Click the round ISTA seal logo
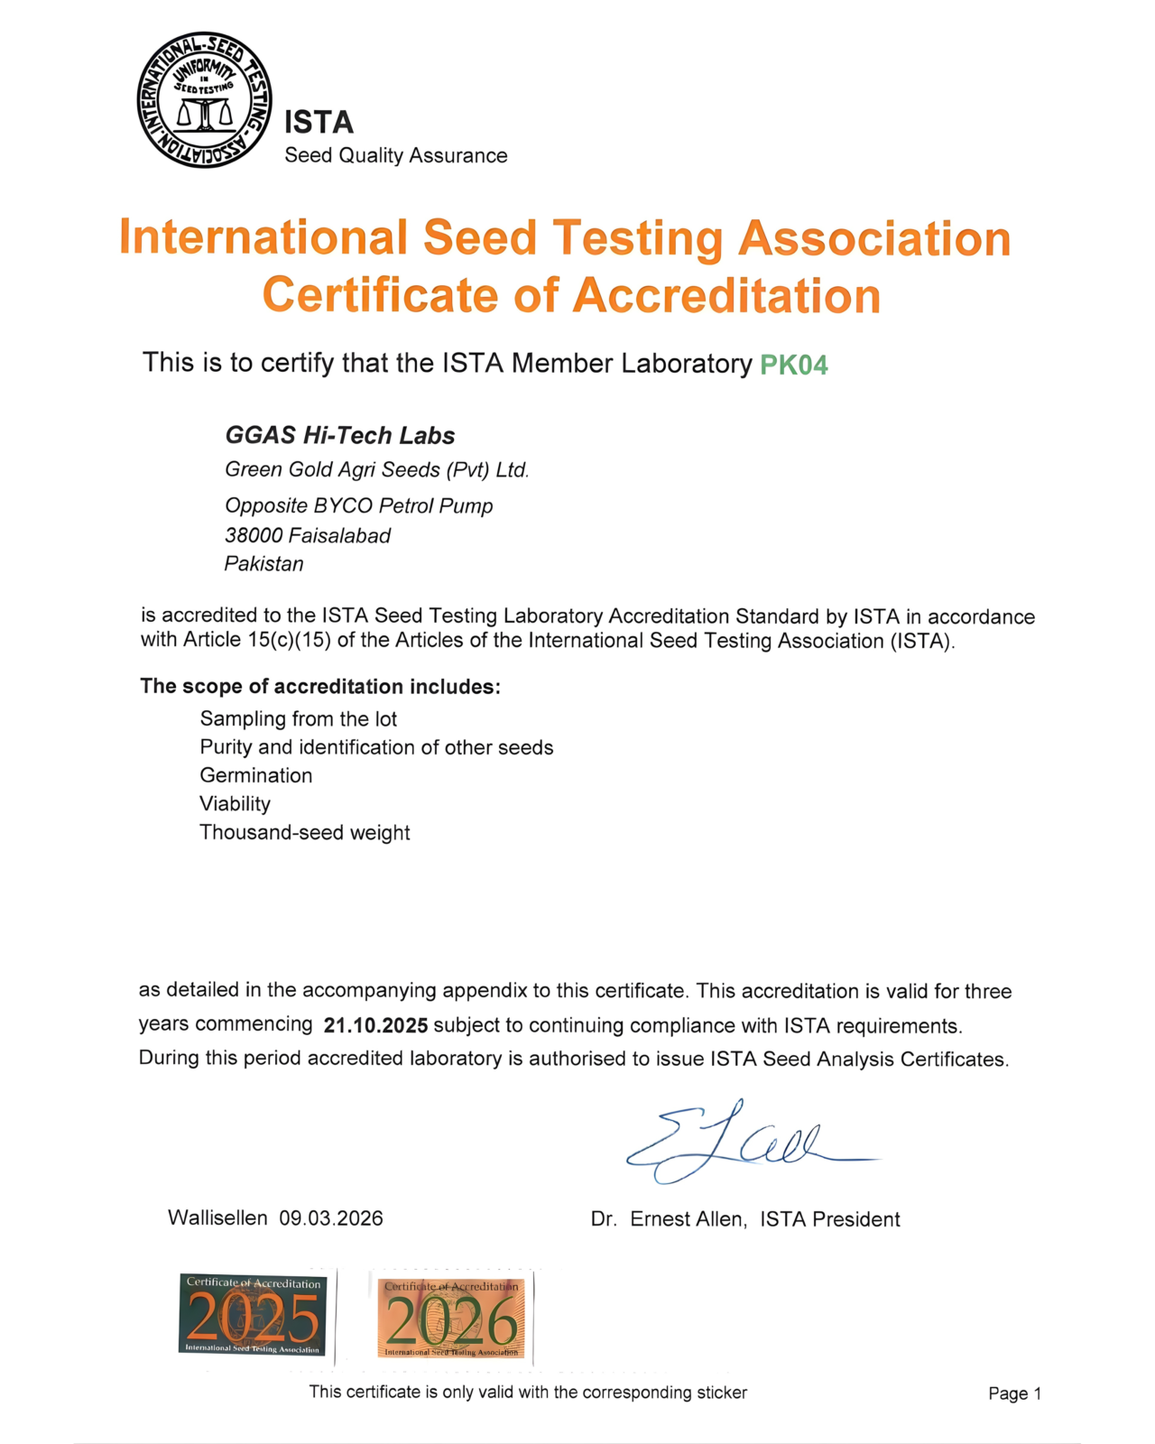coord(204,100)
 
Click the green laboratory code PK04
coord(793,365)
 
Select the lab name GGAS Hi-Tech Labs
coord(339,435)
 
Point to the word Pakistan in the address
coord(263,564)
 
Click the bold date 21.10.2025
coord(375,1025)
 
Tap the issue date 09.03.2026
coord(331,1218)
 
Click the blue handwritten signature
coord(740,1142)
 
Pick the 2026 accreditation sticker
coord(451,1318)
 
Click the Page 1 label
coord(1014,1393)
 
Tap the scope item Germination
coord(256,775)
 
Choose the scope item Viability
coord(235,804)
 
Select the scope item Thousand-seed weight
coord(305,832)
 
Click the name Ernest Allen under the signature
coord(688,1219)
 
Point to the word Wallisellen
coord(217,1218)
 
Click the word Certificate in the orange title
coord(380,295)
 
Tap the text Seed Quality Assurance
coord(395,155)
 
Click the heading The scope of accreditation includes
coord(319,687)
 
